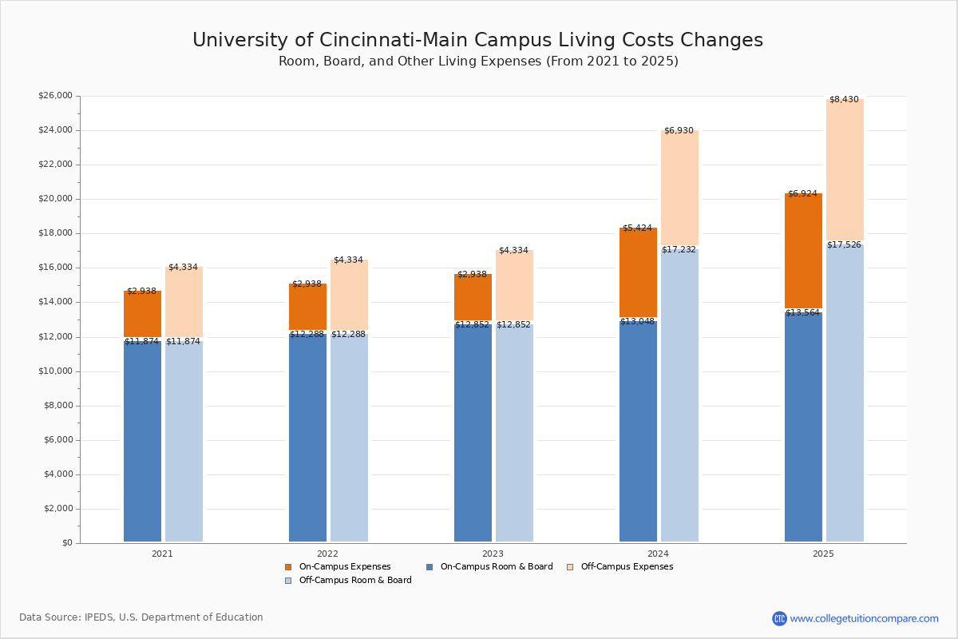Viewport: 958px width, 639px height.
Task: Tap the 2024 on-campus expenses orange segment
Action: (x=638, y=272)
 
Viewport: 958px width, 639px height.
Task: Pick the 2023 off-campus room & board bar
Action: (x=514, y=431)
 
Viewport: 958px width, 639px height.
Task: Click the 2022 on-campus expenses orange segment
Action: (x=307, y=307)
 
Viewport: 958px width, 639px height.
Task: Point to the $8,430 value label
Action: (x=844, y=100)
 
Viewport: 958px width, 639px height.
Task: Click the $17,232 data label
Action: (x=679, y=250)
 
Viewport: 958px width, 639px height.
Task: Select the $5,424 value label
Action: (x=637, y=228)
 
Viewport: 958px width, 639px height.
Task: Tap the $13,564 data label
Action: (x=802, y=313)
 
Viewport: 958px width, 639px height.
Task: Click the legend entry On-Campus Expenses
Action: (x=344, y=567)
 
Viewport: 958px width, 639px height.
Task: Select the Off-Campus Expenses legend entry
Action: (x=627, y=567)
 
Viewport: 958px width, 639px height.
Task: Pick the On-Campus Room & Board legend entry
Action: (x=496, y=567)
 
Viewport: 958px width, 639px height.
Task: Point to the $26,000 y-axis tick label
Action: (x=55, y=96)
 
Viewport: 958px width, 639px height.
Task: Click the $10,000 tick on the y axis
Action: (x=55, y=371)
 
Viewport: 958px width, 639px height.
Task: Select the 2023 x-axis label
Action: (x=493, y=554)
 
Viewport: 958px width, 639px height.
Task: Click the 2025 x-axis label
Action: (x=823, y=554)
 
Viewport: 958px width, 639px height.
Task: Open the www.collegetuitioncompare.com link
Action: (x=864, y=618)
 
